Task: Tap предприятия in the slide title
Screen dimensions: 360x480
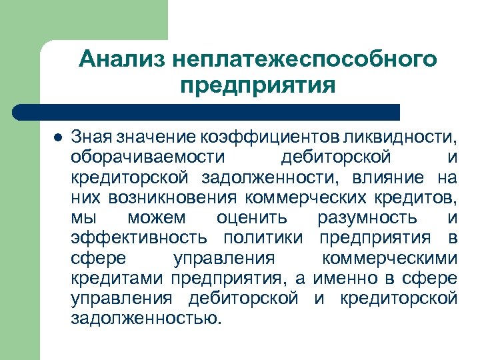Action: pyautogui.click(x=257, y=86)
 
